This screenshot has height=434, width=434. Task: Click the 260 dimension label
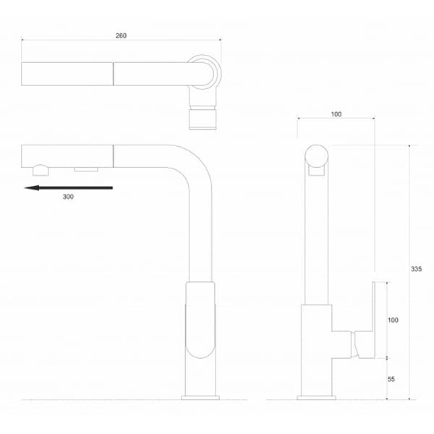click(121, 35)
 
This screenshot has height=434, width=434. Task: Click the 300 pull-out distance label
click(68, 197)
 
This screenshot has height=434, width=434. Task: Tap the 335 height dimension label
click(416, 269)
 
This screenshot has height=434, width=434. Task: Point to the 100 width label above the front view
click(336, 114)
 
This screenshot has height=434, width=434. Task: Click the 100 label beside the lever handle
click(393, 319)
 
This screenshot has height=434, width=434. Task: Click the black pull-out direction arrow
click(68, 188)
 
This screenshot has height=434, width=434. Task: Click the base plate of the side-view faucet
click(200, 397)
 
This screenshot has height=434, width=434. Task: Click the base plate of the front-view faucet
click(316, 397)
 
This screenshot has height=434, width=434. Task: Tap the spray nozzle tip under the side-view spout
click(41, 170)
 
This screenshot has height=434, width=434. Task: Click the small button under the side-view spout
click(87, 169)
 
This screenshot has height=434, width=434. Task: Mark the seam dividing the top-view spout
click(113, 74)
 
